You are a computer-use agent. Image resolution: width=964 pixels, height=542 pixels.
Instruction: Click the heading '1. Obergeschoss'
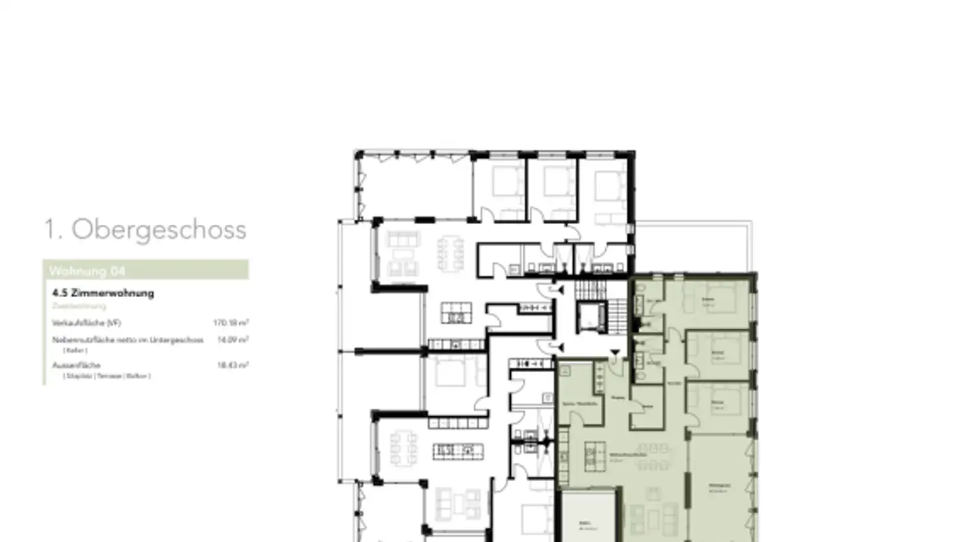click(x=145, y=230)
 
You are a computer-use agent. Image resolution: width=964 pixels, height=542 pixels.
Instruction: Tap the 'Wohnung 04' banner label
click(x=87, y=271)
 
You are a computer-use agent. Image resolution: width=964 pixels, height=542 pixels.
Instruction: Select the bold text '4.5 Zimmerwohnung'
click(x=103, y=293)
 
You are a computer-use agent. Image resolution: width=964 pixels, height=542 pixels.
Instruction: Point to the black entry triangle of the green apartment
click(x=615, y=353)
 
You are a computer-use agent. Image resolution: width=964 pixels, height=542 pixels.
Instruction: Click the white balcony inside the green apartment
click(x=588, y=517)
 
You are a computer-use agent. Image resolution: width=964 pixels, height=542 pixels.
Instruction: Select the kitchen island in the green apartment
click(x=591, y=456)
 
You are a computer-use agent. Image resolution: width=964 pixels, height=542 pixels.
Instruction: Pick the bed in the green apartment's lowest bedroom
click(x=726, y=400)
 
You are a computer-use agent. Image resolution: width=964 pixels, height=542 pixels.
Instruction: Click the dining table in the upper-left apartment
click(x=452, y=253)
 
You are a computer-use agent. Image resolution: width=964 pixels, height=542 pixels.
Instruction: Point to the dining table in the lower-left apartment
click(x=404, y=447)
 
